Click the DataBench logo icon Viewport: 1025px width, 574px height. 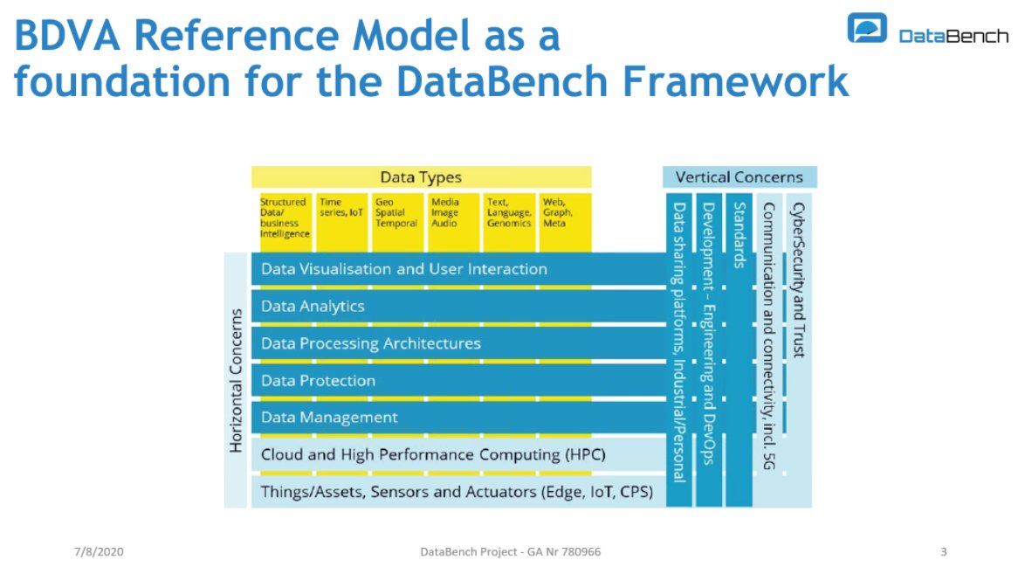(867, 28)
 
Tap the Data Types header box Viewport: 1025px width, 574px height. (421, 177)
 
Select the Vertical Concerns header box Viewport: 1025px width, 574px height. (739, 177)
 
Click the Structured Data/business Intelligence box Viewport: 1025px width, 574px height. (285, 218)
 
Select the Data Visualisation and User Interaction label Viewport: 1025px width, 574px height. (404, 269)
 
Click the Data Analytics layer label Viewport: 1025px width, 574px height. (313, 307)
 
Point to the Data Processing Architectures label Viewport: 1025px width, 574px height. (371, 343)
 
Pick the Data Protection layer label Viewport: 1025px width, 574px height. (318, 381)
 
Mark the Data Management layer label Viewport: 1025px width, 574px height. (329, 418)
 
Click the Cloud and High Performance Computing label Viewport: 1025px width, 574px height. (433, 455)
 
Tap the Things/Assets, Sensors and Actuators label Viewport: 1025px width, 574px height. (457, 492)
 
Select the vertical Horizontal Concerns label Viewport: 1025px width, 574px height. (236, 380)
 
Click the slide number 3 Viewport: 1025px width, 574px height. (944, 552)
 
